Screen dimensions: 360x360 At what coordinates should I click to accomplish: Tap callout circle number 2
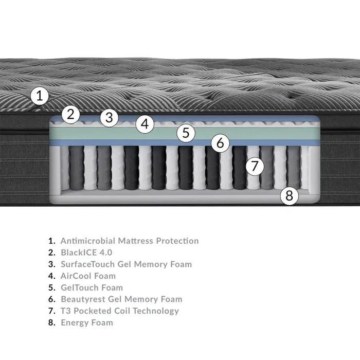tap(71, 114)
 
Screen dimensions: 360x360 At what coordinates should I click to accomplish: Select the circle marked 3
tap(109, 117)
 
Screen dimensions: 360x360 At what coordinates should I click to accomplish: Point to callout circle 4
tap(146, 124)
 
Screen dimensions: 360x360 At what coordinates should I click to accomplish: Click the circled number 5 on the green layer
tap(186, 133)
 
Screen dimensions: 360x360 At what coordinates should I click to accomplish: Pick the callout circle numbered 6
tap(220, 142)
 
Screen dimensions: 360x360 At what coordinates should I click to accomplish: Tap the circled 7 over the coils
tap(254, 166)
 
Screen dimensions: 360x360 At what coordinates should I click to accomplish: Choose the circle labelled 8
tap(289, 195)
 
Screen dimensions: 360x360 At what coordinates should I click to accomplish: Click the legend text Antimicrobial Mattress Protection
tap(130, 241)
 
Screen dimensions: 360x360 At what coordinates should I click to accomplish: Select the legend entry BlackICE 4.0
tap(86, 253)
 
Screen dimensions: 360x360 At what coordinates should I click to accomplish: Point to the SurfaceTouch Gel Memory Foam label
tap(126, 264)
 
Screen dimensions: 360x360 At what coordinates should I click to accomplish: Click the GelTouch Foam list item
tap(92, 287)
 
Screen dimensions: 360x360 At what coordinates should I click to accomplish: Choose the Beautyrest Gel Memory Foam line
tap(121, 299)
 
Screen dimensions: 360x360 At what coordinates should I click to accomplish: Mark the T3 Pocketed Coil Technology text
tap(120, 311)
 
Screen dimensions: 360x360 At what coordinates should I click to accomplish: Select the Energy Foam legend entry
tap(87, 322)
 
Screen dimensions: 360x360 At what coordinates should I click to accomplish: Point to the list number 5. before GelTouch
tap(51, 287)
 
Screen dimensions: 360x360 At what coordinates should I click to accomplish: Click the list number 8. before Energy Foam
tap(51, 322)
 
